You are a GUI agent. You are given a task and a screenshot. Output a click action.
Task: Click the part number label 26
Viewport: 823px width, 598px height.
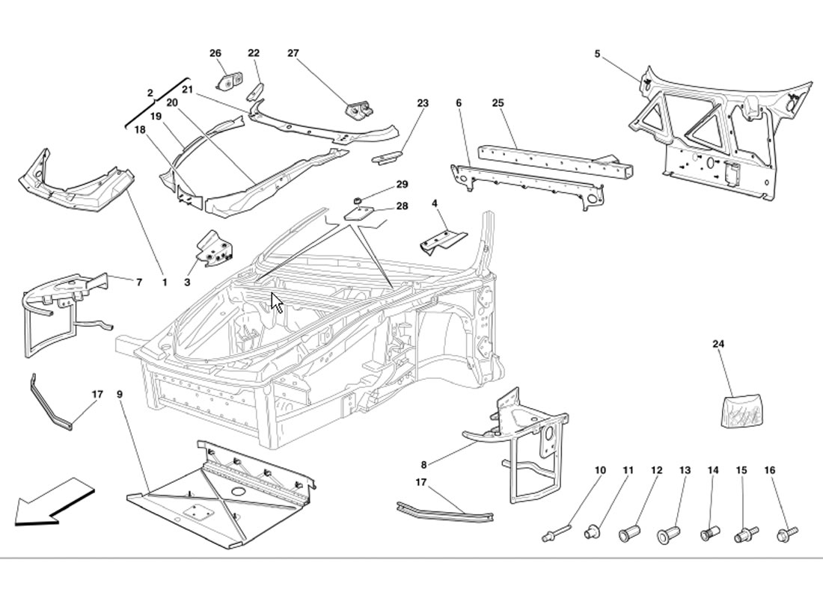(x=215, y=53)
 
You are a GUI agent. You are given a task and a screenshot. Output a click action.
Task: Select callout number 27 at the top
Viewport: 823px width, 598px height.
(x=293, y=53)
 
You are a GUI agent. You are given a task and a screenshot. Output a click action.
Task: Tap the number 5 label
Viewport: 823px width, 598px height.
(x=597, y=54)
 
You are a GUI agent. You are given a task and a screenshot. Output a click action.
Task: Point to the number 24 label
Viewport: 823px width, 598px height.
(x=718, y=345)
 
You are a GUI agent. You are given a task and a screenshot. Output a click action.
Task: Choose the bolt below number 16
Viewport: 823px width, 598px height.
(x=786, y=534)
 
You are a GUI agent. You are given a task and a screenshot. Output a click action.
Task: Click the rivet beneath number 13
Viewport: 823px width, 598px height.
(x=667, y=535)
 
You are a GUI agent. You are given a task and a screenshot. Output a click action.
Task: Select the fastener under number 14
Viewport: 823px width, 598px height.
(x=709, y=534)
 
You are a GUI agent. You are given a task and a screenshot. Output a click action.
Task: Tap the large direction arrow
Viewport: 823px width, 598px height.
(x=52, y=501)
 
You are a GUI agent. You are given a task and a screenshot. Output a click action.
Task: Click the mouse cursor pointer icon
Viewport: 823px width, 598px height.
(x=277, y=303)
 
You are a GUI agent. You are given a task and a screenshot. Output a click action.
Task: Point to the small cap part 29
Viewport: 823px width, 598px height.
(x=358, y=200)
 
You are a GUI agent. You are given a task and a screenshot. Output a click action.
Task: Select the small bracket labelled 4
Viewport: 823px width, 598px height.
(x=443, y=241)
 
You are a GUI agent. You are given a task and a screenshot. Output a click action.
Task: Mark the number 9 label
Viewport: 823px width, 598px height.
(x=120, y=394)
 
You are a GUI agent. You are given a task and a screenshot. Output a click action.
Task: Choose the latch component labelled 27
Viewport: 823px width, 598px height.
(x=359, y=109)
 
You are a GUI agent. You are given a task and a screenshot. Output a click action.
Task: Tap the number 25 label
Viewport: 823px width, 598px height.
(x=498, y=102)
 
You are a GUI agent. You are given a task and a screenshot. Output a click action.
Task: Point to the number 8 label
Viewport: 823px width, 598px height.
(x=424, y=465)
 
